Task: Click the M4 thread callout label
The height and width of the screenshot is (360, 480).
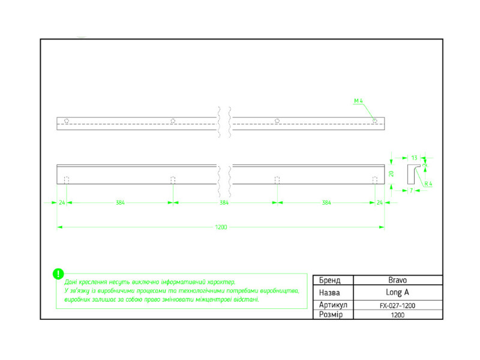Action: [358, 102]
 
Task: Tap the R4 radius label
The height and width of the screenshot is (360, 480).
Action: [428, 184]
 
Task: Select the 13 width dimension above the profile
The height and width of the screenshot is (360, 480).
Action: [414, 157]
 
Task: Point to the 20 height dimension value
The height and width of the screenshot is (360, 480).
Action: [391, 173]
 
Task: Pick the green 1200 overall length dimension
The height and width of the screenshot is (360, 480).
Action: [221, 227]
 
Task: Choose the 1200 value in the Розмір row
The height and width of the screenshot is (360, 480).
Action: [398, 315]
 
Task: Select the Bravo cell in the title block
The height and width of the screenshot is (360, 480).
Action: [398, 280]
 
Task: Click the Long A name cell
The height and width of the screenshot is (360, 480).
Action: [398, 293]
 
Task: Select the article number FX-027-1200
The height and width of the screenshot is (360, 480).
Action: [398, 305]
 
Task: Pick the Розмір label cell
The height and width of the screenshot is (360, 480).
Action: [331, 315]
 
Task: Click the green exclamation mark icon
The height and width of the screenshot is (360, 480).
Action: [58, 274]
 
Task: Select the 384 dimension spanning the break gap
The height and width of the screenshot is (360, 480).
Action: [224, 203]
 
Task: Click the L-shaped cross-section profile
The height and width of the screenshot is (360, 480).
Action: [412, 173]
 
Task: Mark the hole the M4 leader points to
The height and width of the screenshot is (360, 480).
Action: [375, 121]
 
